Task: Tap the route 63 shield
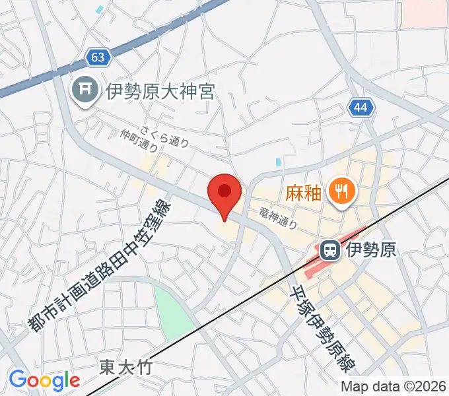point(98,58)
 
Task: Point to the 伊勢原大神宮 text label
point(160,91)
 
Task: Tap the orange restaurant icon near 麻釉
point(341,192)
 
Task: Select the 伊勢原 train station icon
point(329,250)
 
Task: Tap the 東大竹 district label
point(126,367)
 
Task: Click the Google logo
point(44,380)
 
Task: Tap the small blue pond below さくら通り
point(278,162)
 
